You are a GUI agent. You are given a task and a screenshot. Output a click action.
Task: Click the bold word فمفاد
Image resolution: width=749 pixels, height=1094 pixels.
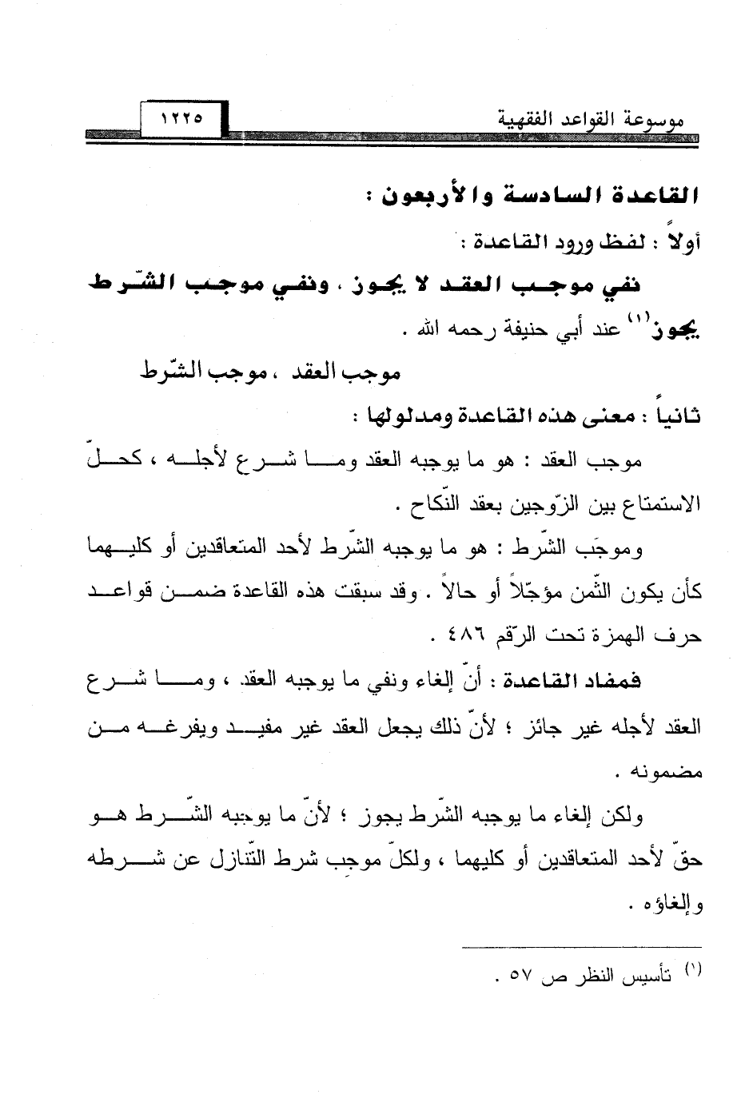[x=616, y=681]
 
